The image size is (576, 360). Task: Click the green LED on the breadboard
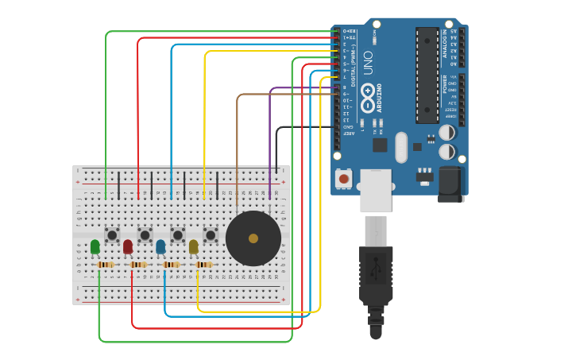95,247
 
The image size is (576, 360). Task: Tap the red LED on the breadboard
128,247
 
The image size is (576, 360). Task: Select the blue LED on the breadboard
160,247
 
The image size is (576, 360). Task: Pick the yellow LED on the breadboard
193,247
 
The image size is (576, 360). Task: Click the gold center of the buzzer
253,238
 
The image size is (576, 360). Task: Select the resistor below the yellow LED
204,265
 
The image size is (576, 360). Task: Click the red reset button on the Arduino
343,179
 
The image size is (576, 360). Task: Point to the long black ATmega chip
427,75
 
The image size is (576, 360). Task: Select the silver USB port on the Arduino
376,190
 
